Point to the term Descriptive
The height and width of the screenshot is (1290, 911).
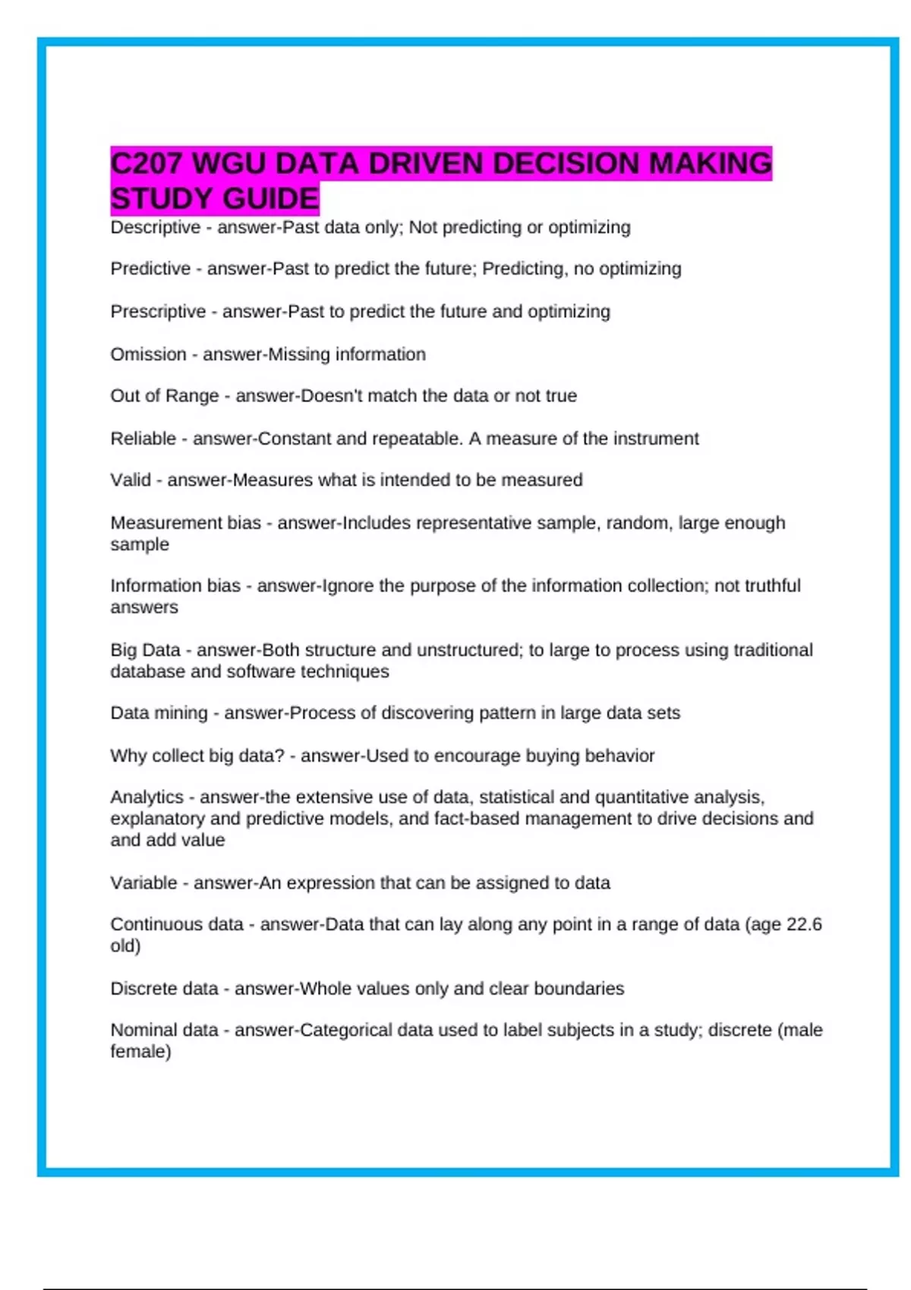click(x=156, y=228)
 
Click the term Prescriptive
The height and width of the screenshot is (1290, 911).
click(x=158, y=312)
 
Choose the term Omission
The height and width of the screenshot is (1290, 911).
click(x=148, y=354)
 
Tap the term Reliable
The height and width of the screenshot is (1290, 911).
click(x=143, y=439)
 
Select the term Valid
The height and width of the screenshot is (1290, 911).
click(x=130, y=480)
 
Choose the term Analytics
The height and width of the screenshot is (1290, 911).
click(x=147, y=798)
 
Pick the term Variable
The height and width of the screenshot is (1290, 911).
click(x=143, y=883)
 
